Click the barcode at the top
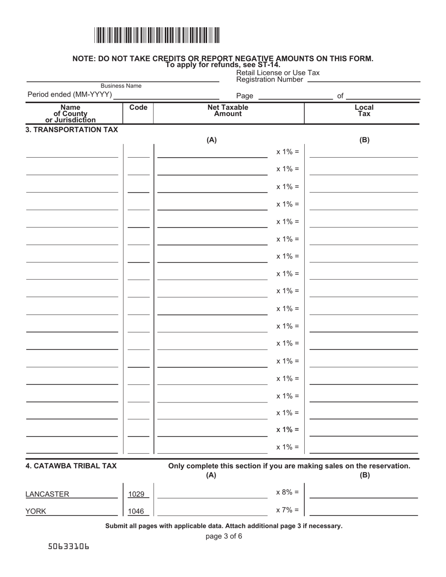click(x=157, y=36)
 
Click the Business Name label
click(x=121, y=86)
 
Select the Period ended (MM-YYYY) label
click(x=69, y=95)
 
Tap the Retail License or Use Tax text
click(x=278, y=73)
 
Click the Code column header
click(x=138, y=107)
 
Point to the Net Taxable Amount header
click(x=228, y=111)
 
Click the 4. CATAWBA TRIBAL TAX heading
click(x=71, y=466)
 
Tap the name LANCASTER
click(x=47, y=494)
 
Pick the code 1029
click(x=137, y=494)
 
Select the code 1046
click(x=137, y=512)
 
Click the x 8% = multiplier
click(x=287, y=492)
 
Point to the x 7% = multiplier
click(x=287, y=510)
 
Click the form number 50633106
click(x=69, y=547)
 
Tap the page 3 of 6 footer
click(x=224, y=536)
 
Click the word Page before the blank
click(x=245, y=96)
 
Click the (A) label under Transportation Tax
click(x=211, y=140)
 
